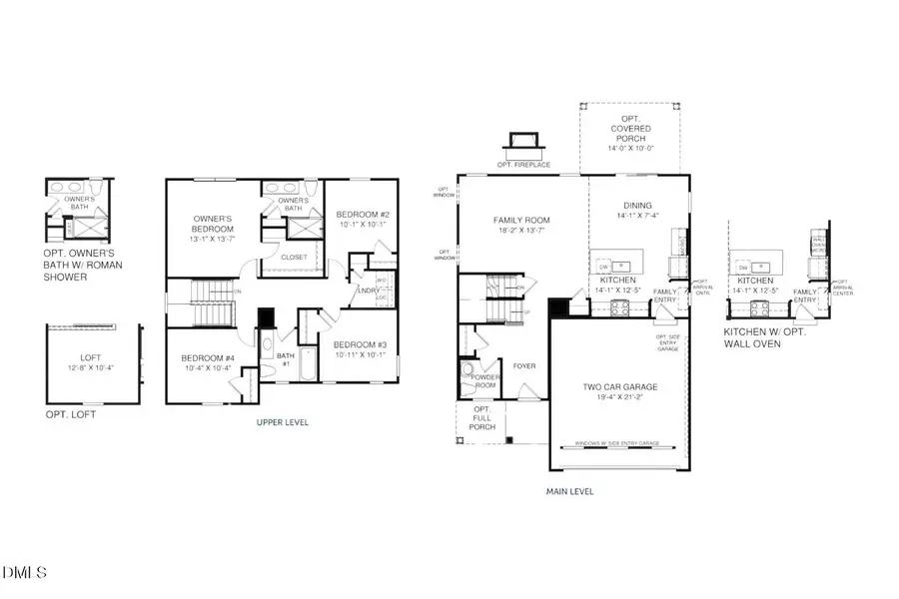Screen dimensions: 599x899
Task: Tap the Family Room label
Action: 522,221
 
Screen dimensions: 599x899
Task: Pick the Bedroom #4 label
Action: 206,359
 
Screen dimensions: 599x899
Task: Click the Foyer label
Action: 525,366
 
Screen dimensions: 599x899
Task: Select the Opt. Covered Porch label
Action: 631,129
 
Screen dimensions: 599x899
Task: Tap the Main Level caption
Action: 571,491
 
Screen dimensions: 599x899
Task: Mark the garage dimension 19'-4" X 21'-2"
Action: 618,396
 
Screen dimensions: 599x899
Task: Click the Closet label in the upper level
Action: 294,257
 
